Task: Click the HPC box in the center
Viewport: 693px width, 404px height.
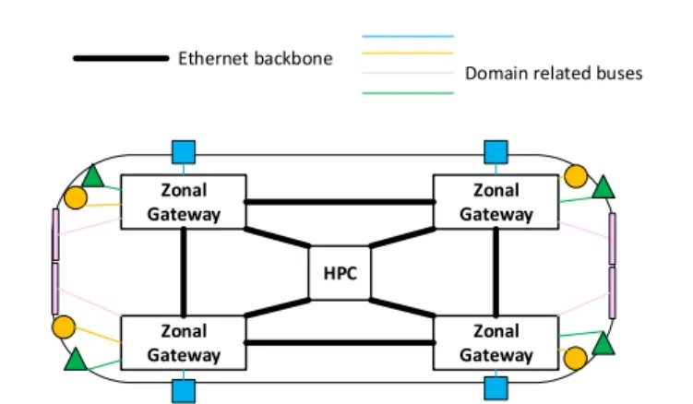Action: [x=340, y=274]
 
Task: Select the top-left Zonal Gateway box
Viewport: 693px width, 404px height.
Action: [x=184, y=202]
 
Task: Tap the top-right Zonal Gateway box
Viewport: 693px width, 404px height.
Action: [x=496, y=202]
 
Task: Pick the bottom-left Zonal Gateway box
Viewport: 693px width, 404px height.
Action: [x=184, y=342]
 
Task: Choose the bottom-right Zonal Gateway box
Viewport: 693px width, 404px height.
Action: [x=496, y=342]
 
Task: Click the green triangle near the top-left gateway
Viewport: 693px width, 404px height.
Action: [x=92, y=177]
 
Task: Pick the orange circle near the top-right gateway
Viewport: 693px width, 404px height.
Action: [x=575, y=175]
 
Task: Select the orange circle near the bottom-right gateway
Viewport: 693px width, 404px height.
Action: [x=575, y=358]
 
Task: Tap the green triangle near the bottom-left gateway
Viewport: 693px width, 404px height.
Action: [x=77, y=359]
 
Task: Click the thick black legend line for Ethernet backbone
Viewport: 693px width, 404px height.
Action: [x=120, y=59]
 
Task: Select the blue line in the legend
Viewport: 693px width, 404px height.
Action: [x=408, y=37]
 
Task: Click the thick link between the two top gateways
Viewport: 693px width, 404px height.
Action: [x=340, y=201]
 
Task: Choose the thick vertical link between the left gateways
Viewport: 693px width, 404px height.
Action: [x=184, y=272]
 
